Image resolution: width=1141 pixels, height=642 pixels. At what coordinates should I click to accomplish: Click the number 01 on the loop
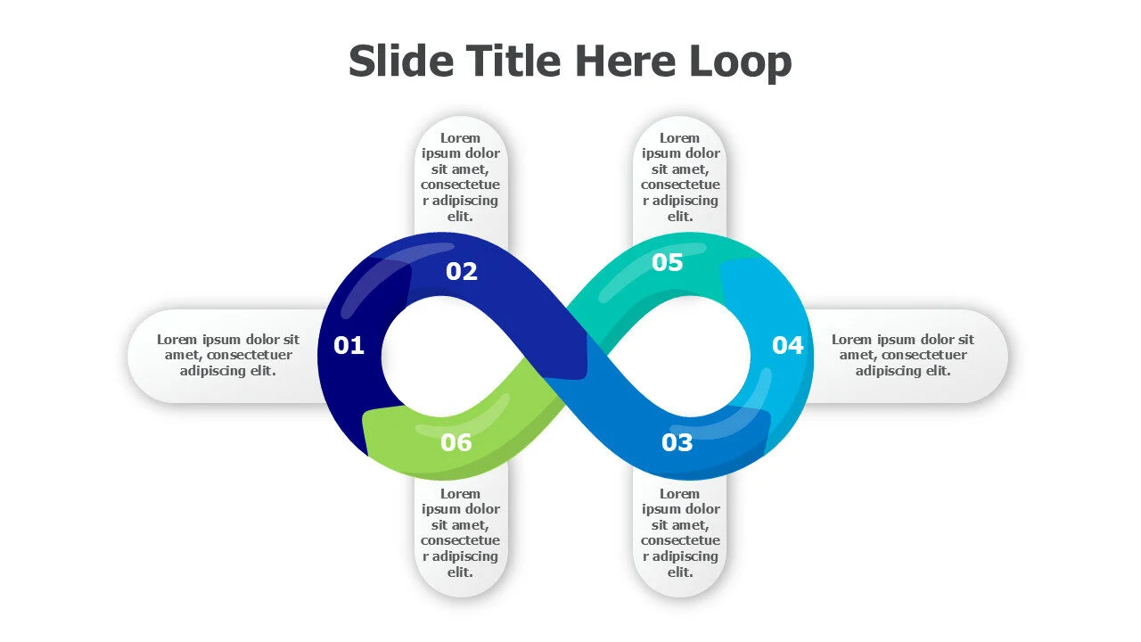coord(349,345)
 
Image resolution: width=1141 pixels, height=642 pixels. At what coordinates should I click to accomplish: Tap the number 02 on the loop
coord(462,271)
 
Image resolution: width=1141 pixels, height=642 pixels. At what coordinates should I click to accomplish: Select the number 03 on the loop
coord(677,442)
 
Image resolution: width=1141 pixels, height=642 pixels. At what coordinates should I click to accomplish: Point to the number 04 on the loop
coord(787,345)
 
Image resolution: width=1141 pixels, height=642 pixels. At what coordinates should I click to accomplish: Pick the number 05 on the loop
coord(667,262)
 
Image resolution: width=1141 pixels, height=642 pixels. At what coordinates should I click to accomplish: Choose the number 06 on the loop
coord(456,442)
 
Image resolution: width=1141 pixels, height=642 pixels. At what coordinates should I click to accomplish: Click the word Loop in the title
coord(740,62)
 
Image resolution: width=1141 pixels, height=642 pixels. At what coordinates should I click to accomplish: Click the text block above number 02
coord(461,177)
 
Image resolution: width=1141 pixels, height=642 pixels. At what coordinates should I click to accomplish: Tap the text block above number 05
coord(680,177)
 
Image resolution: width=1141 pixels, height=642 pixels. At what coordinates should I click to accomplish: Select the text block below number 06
coord(461,532)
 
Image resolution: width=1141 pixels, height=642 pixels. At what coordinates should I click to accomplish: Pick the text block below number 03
coord(680,532)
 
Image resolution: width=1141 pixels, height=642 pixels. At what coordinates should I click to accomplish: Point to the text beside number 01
coord(228,355)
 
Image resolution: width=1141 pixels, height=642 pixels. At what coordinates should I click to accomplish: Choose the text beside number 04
coord(903,355)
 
